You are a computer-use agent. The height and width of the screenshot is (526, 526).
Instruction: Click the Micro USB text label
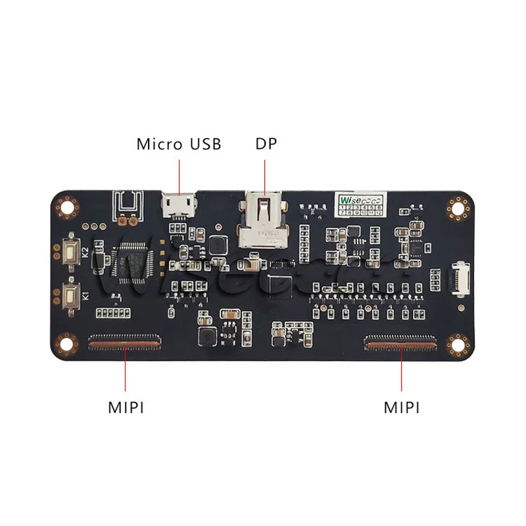pyautogui.click(x=179, y=144)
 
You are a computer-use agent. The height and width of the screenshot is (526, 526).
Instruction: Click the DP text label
pyautogui.click(x=266, y=144)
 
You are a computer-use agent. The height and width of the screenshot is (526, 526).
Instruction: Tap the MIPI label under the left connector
pyautogui.click(x=126, y=408)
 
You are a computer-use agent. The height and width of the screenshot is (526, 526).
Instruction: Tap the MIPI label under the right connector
pyautogui.click(x=402, y=408)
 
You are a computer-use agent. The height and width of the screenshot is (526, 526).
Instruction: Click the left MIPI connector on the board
pyautogui.click(x=125, y=341)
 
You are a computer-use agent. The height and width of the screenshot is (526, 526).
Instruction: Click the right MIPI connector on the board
pyautogui.click(x=401, y=341)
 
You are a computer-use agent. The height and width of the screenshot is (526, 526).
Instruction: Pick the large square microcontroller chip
pyautogui.click(x=135, y=262)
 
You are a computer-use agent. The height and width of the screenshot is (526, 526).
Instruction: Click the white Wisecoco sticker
pyautogui.click(x=359, y=204)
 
